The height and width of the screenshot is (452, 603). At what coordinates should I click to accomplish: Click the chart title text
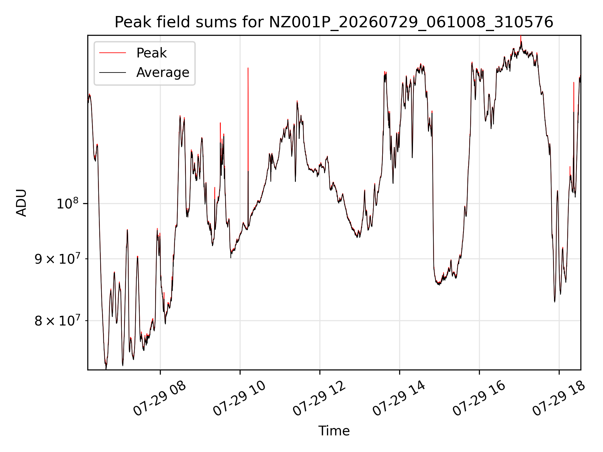(x=334, y=22)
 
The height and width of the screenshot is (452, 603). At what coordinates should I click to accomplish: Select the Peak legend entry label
(x=151, y=53)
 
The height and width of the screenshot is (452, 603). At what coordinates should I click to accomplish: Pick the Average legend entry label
(x=163, y=73)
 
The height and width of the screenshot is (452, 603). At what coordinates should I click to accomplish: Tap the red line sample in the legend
(x=112, y=53)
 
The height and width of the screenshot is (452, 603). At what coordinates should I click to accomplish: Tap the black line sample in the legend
(x=112, y=73)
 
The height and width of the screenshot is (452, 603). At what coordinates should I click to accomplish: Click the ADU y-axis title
(x=21, y=203)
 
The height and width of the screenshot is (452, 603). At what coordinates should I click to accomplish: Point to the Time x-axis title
(x=334, y=431)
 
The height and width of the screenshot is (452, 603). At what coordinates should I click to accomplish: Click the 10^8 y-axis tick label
(x=68, y=203)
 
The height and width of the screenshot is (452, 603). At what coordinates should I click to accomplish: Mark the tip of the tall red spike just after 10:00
(x=248, y=68)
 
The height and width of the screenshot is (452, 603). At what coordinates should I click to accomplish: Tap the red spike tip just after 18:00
(x=574, y=82)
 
